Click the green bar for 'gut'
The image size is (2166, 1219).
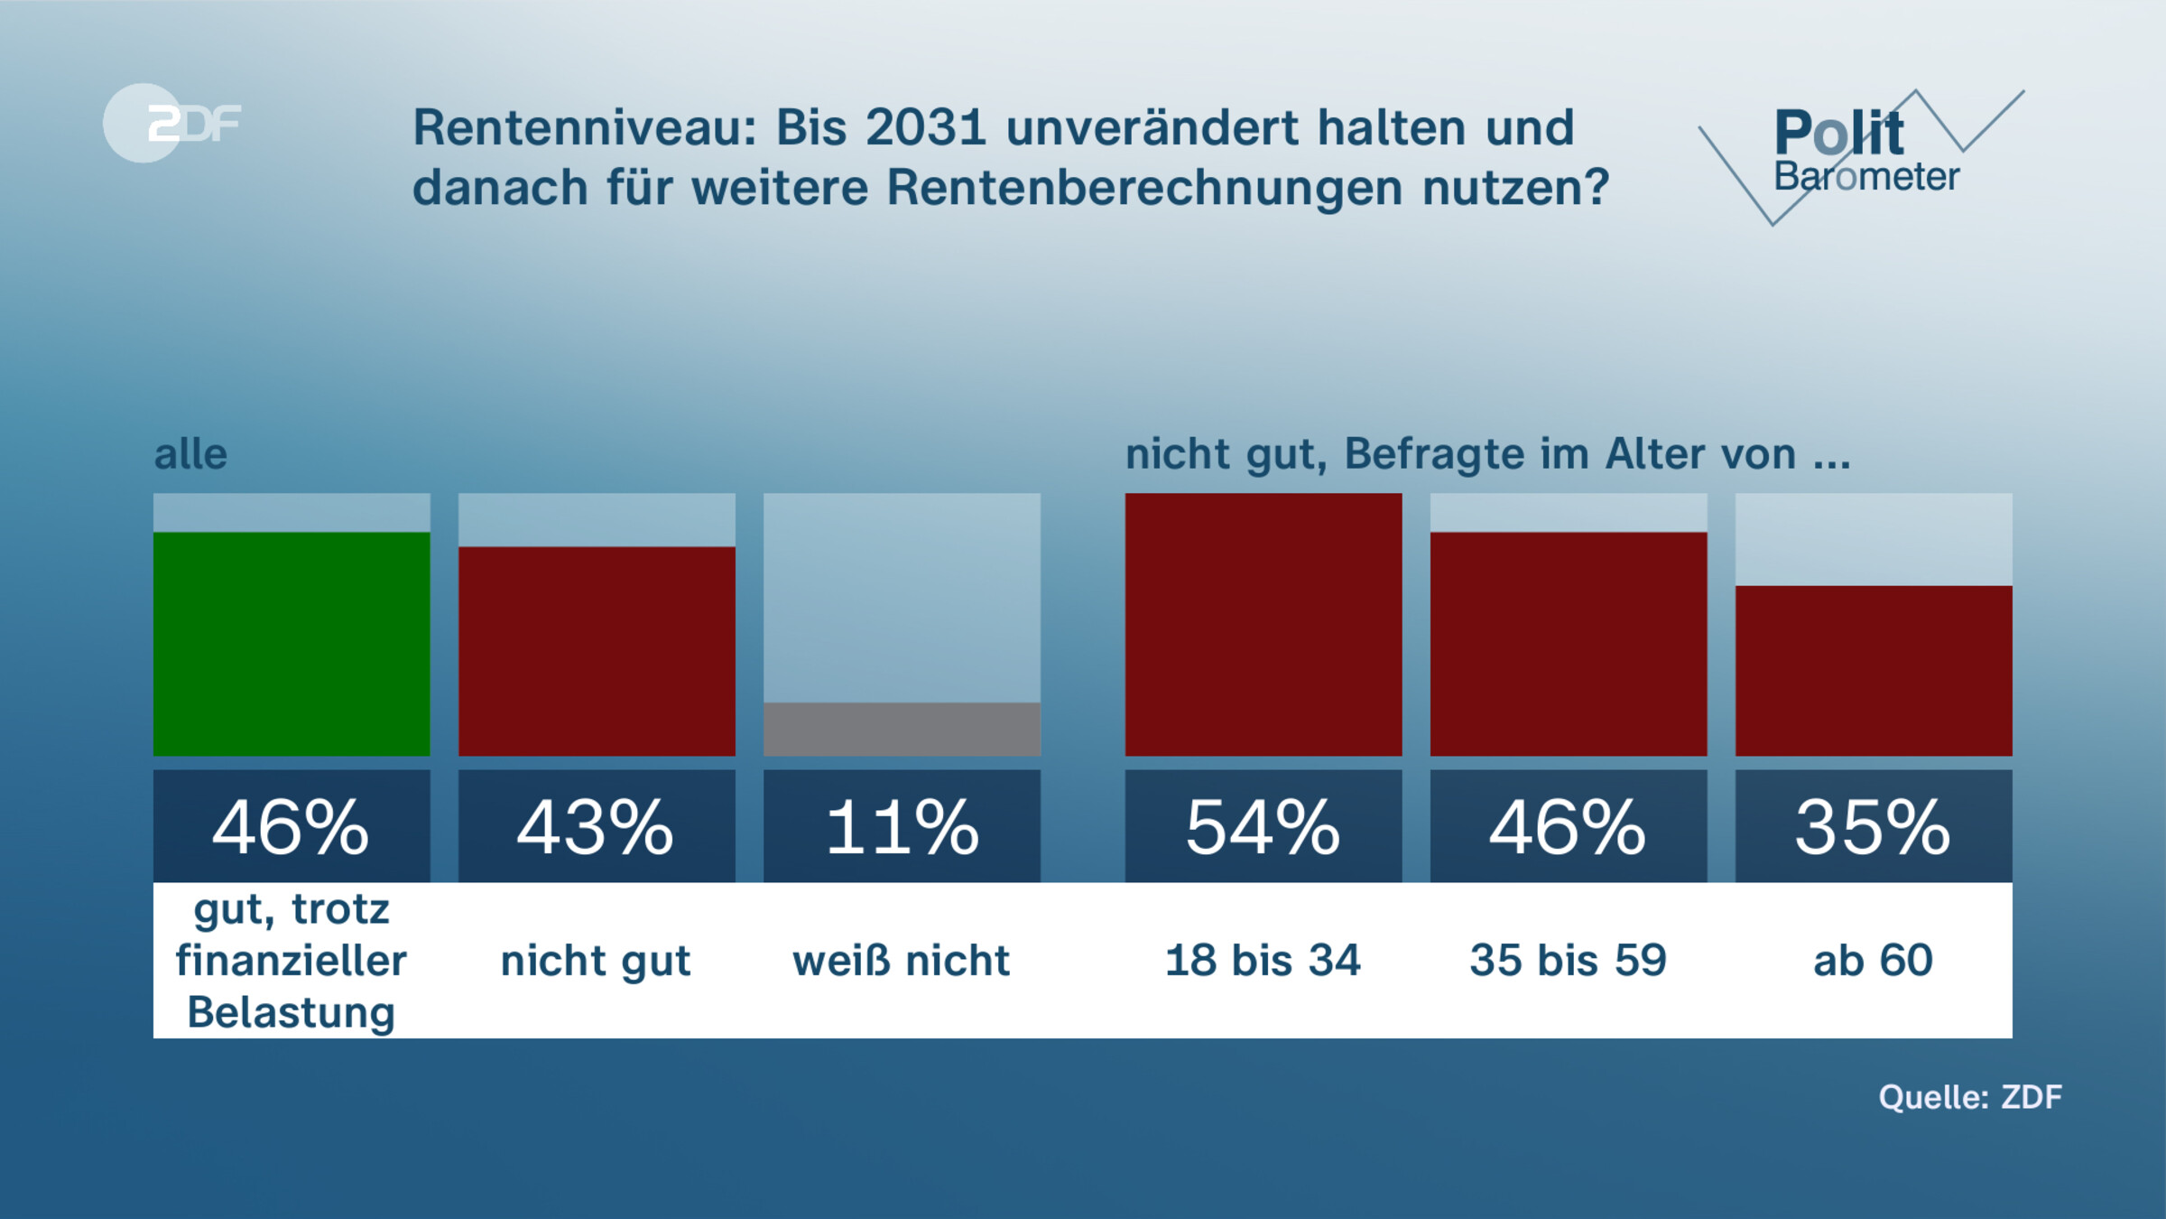pos(292,644)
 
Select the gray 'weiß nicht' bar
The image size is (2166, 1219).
pos(902,729)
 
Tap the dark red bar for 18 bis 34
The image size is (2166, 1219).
pos(1263,624)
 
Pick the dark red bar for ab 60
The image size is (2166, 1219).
pos(1874,671)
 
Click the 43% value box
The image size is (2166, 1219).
pos(597,826)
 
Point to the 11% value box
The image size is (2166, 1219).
pos(902,826)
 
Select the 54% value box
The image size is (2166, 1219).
pos(1263,826)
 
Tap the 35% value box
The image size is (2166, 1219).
pos(1874,826)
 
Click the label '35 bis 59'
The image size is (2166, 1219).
pos(1568,960)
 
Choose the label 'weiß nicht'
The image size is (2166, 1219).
pos(902,960)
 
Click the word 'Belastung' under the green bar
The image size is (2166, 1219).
pos(292,1012)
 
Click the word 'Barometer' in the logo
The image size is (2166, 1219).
pos(1866,177)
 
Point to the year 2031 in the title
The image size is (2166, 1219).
pos(925,127)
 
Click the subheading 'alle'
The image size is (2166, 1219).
pos(190,454)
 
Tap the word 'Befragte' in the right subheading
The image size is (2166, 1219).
pos(1434,454)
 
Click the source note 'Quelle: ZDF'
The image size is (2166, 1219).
pos(1970,1097)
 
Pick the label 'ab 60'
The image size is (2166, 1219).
pos(1874,960)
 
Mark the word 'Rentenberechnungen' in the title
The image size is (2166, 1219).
pos(1144,187)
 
